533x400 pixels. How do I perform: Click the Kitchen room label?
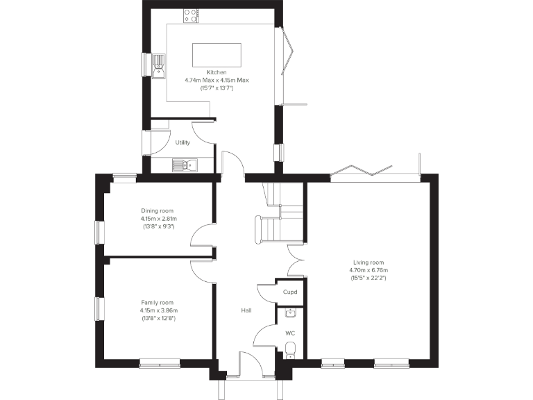pyautogui.click(x=217, y=72)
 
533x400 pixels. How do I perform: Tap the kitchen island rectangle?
pyautogui.click(x=217, y=53)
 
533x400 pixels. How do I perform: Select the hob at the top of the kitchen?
pyautogui.click(x=190, y=13)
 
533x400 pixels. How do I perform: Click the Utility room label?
pyautogui.click(x=183, y=142)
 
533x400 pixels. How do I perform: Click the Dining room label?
pyautogui.click(x=158, y=210)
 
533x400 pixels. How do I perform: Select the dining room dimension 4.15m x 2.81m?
pyautogui.click(x=158, y=219)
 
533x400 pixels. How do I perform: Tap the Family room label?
pyautogui.click(x=158, y=302)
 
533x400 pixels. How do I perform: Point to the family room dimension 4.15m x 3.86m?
pyautogui.click(x=158, y=310)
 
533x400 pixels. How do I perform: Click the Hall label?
pyautogui.click(x=246, y=310)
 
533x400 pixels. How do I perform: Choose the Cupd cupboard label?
pyautogui.click(x=290, y=292)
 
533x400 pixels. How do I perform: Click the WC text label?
pyautogui.click(x=290, y=333)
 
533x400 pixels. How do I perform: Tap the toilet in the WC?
pyautogui.click(x=290, y=349)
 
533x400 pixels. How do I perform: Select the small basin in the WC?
pyautogui.click(x=290, y=312)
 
